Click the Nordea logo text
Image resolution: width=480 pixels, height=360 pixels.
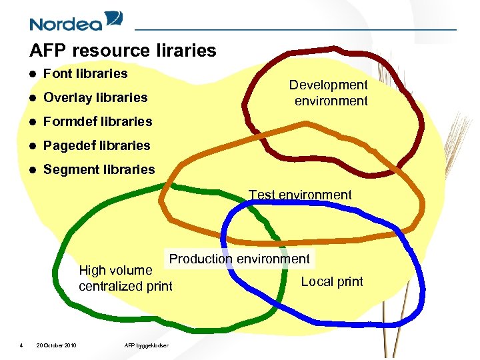[65, 24]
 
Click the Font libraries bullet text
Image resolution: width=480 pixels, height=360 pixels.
[85, 73]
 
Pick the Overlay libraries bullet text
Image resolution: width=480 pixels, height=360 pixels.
[95, 97]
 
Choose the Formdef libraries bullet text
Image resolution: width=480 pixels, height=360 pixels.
[97, 121]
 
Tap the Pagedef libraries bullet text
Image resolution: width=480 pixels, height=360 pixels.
[97, 145]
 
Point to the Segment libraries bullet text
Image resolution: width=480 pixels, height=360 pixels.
[99, 169]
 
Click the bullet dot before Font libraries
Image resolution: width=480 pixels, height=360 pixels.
[33, 74]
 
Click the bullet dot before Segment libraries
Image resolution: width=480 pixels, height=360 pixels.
[33, 170]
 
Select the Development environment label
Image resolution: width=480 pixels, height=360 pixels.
[329, 93]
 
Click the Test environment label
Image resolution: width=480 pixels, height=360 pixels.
[300, 195]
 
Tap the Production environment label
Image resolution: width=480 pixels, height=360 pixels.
[239, 259]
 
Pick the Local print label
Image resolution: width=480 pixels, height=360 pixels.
[332, 281]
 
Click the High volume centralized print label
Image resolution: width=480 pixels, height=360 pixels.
[125, 278]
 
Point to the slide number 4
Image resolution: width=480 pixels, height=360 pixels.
[21, 345]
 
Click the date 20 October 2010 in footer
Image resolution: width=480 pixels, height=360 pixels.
[56, 345]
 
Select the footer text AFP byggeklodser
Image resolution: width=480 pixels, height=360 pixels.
[147, 345]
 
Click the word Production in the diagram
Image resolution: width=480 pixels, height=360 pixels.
[201, 259]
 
